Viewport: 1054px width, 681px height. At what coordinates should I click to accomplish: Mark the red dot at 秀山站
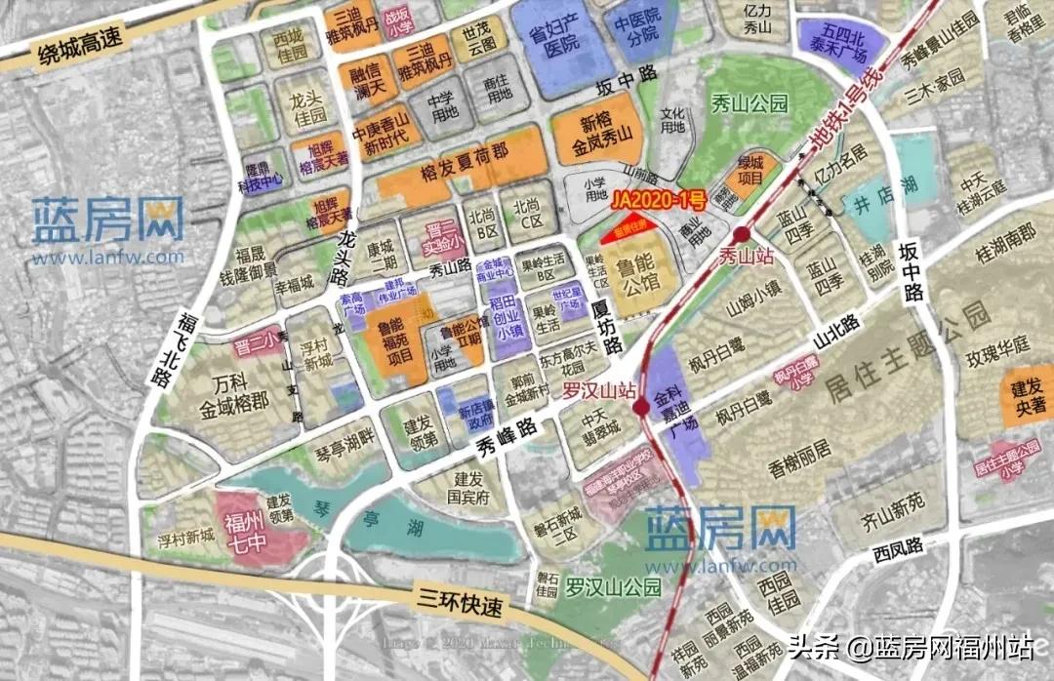click(x=743, y=235)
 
